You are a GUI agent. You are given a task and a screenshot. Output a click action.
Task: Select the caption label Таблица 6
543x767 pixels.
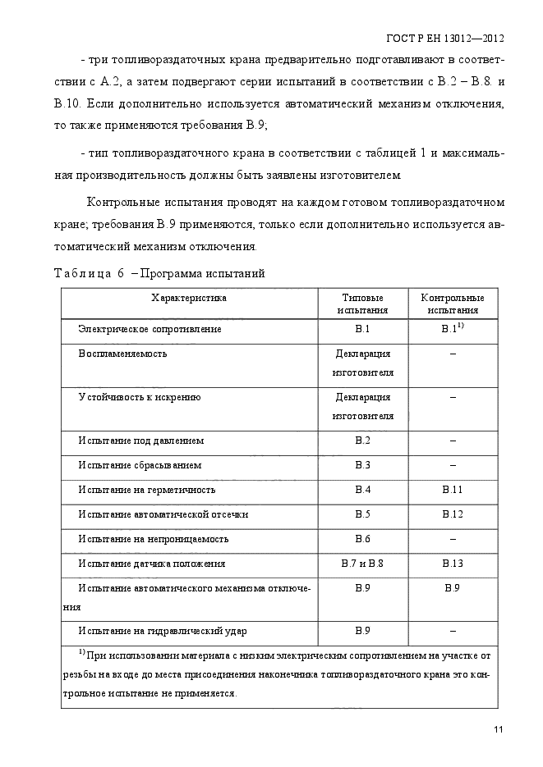[88, 274]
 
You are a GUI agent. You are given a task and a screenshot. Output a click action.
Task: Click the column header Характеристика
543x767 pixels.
[188, 298]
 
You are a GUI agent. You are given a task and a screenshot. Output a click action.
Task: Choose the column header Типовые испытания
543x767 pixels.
[362, 304]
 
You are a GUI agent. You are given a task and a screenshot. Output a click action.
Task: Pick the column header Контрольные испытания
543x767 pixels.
[452, 304]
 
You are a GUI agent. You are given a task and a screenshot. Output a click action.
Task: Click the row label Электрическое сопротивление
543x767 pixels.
[150, 329]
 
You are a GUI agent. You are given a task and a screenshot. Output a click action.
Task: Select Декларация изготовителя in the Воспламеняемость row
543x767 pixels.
[362, 363]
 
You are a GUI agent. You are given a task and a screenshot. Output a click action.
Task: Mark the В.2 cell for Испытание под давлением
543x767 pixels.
[362, 441]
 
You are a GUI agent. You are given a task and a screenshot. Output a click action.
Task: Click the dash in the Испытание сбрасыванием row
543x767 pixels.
[453, 465]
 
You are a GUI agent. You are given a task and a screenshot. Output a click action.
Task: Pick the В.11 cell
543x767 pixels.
[453, 490]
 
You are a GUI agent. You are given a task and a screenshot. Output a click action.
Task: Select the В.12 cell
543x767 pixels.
[453, 514]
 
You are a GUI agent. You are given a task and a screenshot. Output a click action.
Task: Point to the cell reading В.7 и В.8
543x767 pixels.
[362, 564]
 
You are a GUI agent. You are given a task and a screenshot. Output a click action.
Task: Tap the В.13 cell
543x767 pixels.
[453, 564]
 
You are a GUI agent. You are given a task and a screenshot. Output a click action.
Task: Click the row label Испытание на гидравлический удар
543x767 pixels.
[163, 631]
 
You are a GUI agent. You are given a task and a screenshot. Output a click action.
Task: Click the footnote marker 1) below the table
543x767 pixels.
[82, 653]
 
